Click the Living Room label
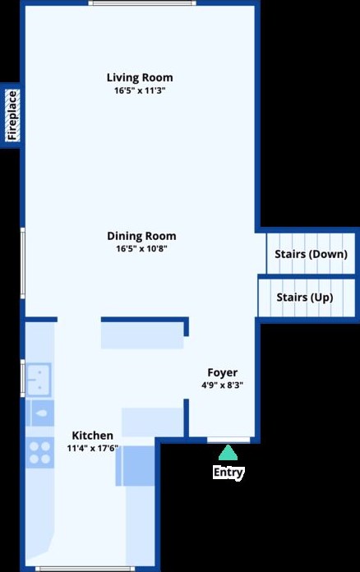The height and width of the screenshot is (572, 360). (x=140, y=78)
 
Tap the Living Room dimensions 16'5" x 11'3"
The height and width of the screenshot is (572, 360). (x=140, y=90)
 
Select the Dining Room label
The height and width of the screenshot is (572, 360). (x=141, y=236)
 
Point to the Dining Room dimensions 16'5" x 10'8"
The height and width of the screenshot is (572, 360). (x=141, y=249)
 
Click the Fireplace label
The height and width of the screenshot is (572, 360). (x=12, y=115)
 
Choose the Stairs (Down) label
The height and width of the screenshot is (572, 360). (x=311, y=254)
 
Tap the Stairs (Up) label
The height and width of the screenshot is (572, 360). (x=305, y=298)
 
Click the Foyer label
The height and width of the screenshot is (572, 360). (x=222, y=372)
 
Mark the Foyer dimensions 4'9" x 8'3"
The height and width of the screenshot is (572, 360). (x=222, y=385)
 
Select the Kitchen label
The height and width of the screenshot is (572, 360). (x=92, y=436)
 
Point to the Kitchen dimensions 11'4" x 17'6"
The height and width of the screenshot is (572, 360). (x=93, y=448)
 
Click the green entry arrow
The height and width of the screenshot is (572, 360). (x=228, y=452)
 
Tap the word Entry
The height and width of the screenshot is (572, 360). (x=228, y=472)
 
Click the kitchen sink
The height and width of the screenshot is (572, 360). (x=39, y=380)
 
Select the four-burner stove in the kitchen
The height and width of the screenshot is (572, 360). (x=39, y=452)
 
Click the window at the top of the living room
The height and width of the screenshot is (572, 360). (x=142, y=3)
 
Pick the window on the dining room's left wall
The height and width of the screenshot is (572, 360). (x=23, y=263)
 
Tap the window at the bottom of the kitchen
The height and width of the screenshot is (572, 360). (x=85, y=569)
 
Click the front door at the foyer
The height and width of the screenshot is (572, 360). (x=228, y=441)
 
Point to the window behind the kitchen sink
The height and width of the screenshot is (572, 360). (x=23, y=378)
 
